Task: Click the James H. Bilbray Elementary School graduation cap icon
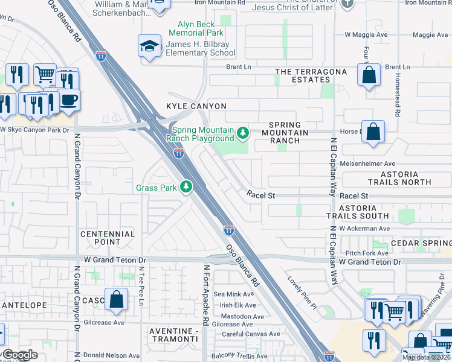[149, 46]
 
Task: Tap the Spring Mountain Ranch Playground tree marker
[243, 132]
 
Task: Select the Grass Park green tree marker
[187, 187]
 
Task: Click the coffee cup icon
[68, 99]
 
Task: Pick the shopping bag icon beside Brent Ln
[368, 75]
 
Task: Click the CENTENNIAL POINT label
[107, 238]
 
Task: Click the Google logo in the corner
[21, 355]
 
